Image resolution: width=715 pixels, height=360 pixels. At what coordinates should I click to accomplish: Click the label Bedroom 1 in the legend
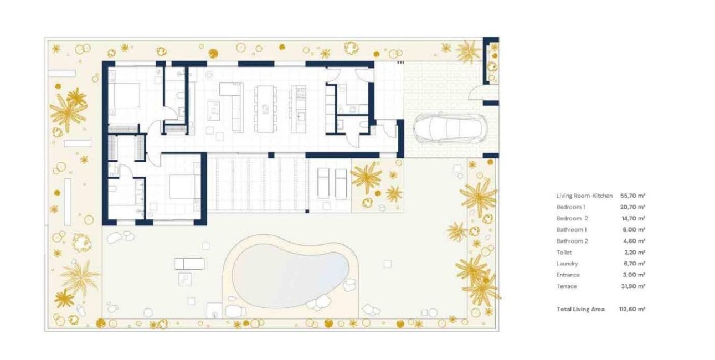[x=570, y=207]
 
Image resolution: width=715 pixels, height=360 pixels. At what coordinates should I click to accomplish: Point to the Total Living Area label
[x=580, y=310]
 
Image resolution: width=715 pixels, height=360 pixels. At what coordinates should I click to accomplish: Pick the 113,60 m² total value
[x=632, y=310]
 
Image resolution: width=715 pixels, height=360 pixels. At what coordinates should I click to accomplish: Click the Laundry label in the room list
[x=567, y=264]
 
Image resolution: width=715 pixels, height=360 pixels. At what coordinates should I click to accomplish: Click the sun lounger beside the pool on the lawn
[x=189, y=263]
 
